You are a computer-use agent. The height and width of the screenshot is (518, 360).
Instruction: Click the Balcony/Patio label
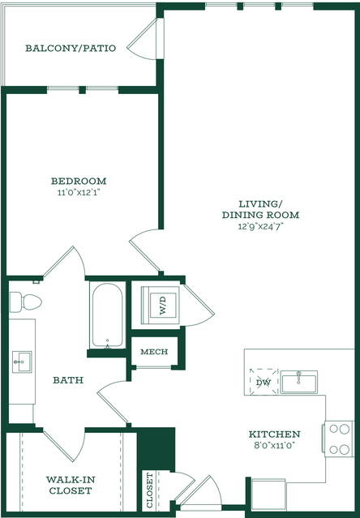click(71, 48)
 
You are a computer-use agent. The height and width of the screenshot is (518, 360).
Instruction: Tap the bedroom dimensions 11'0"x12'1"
click(79, 192)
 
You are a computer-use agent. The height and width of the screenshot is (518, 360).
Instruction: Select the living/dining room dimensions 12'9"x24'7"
click(261, 226)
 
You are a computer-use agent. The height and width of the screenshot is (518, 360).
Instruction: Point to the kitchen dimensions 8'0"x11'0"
click(274, 445)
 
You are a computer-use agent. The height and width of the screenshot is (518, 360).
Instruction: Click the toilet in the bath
click(25, 302)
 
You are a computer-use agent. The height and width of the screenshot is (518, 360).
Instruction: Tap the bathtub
click(107, 315)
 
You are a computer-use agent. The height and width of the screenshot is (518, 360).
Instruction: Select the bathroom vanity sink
click(22, 362)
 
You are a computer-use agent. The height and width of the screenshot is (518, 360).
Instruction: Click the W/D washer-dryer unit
click(161, 306)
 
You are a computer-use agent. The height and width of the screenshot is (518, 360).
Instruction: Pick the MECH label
click(154, 352)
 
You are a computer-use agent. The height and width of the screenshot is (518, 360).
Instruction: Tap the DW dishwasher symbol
click(264, 383)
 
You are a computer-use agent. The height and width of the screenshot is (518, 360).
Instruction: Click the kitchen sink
click(299, 382)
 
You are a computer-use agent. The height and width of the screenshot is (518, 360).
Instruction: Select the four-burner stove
click(339, 439)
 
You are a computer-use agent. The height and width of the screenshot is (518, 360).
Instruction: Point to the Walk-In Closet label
click(71, 485)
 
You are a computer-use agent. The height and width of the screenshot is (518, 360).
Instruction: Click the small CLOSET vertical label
click(150, 490)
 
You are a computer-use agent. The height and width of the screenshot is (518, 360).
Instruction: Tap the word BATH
click(68, 380)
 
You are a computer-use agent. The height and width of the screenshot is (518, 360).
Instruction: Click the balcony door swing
click(142, 39)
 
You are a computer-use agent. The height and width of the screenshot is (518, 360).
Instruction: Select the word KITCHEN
click(274, 434)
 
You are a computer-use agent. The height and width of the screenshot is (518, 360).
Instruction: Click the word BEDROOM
click(79, 181)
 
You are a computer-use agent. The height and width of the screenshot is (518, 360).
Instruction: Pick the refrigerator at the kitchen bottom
click(268, 495)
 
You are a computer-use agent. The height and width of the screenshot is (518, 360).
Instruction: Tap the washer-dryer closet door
click(198, 306)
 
